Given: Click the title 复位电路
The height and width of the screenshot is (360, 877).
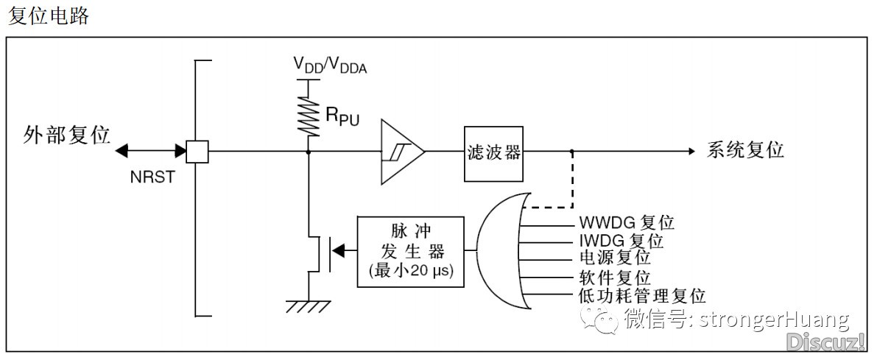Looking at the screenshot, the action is point(48,15).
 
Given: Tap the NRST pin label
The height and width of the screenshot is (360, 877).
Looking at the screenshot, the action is point(152,177).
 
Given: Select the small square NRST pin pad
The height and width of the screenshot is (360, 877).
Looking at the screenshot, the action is point(197,151).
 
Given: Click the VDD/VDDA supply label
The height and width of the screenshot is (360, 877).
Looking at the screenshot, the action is point(330,65).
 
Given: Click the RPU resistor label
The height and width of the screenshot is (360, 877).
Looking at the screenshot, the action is point(342,116).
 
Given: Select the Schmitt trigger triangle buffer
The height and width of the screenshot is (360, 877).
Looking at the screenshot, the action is point(401,151).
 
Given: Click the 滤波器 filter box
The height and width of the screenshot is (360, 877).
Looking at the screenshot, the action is point(493,152).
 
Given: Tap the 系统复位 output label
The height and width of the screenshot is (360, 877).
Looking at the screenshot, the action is point(746,150).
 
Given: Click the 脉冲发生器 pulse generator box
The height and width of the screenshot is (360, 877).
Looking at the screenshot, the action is point(410,252).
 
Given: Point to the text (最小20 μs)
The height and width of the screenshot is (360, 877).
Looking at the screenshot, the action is point(411,272).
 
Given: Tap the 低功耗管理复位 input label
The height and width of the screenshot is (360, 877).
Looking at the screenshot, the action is point(641,295).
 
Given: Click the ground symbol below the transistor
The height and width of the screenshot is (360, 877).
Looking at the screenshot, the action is point(309,306).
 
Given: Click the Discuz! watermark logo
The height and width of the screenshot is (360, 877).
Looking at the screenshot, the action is point(826,340).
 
